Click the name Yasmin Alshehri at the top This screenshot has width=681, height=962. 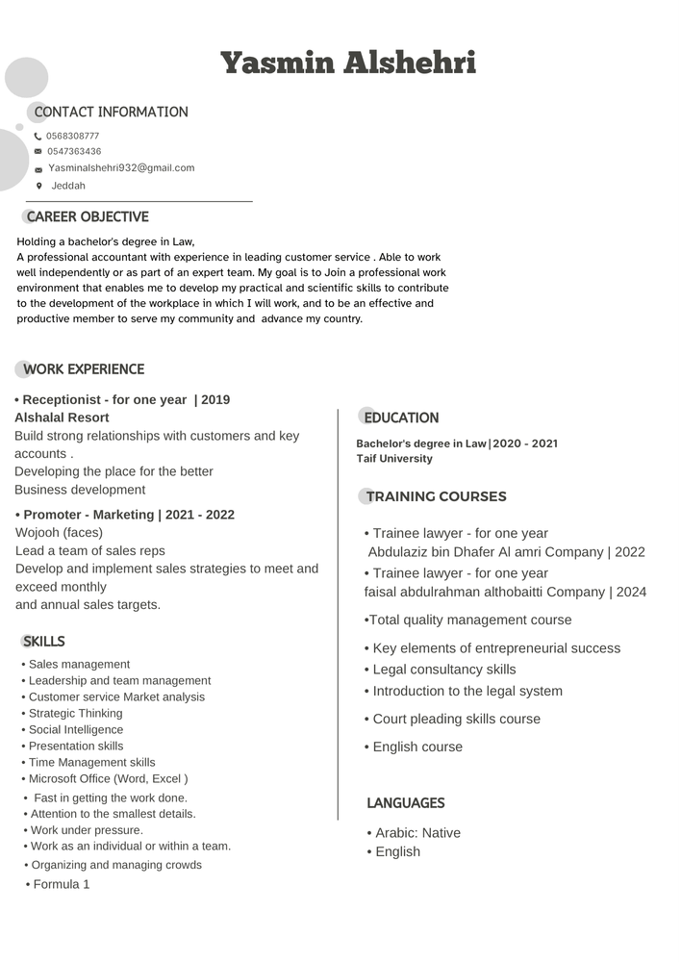point(347,63)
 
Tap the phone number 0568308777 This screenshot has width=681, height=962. point(72,137)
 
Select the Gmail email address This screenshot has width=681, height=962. point(121,168)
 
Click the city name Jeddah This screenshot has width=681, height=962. point(68,186)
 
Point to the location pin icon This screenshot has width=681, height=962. point(38,186)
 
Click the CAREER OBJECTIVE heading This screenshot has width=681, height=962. point(88,217)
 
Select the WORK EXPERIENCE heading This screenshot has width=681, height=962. point(84,369)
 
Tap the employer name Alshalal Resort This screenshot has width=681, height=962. point(62,418)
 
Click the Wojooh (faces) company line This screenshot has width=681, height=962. point(59,532)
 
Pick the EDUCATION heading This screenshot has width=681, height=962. point(401,418)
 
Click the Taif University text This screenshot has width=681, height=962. point(394,459)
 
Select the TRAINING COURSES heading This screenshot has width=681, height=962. point(436,496)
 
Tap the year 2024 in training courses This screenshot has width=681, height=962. point(631,592)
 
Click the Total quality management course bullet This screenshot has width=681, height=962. point(468,620)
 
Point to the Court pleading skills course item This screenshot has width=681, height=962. point(456,719)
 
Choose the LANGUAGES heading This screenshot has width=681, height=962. point(405,803)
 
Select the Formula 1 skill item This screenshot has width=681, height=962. point(61,884)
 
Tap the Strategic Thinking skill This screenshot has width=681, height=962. point(75,714)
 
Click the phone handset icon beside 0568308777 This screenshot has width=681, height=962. point(38,137)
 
